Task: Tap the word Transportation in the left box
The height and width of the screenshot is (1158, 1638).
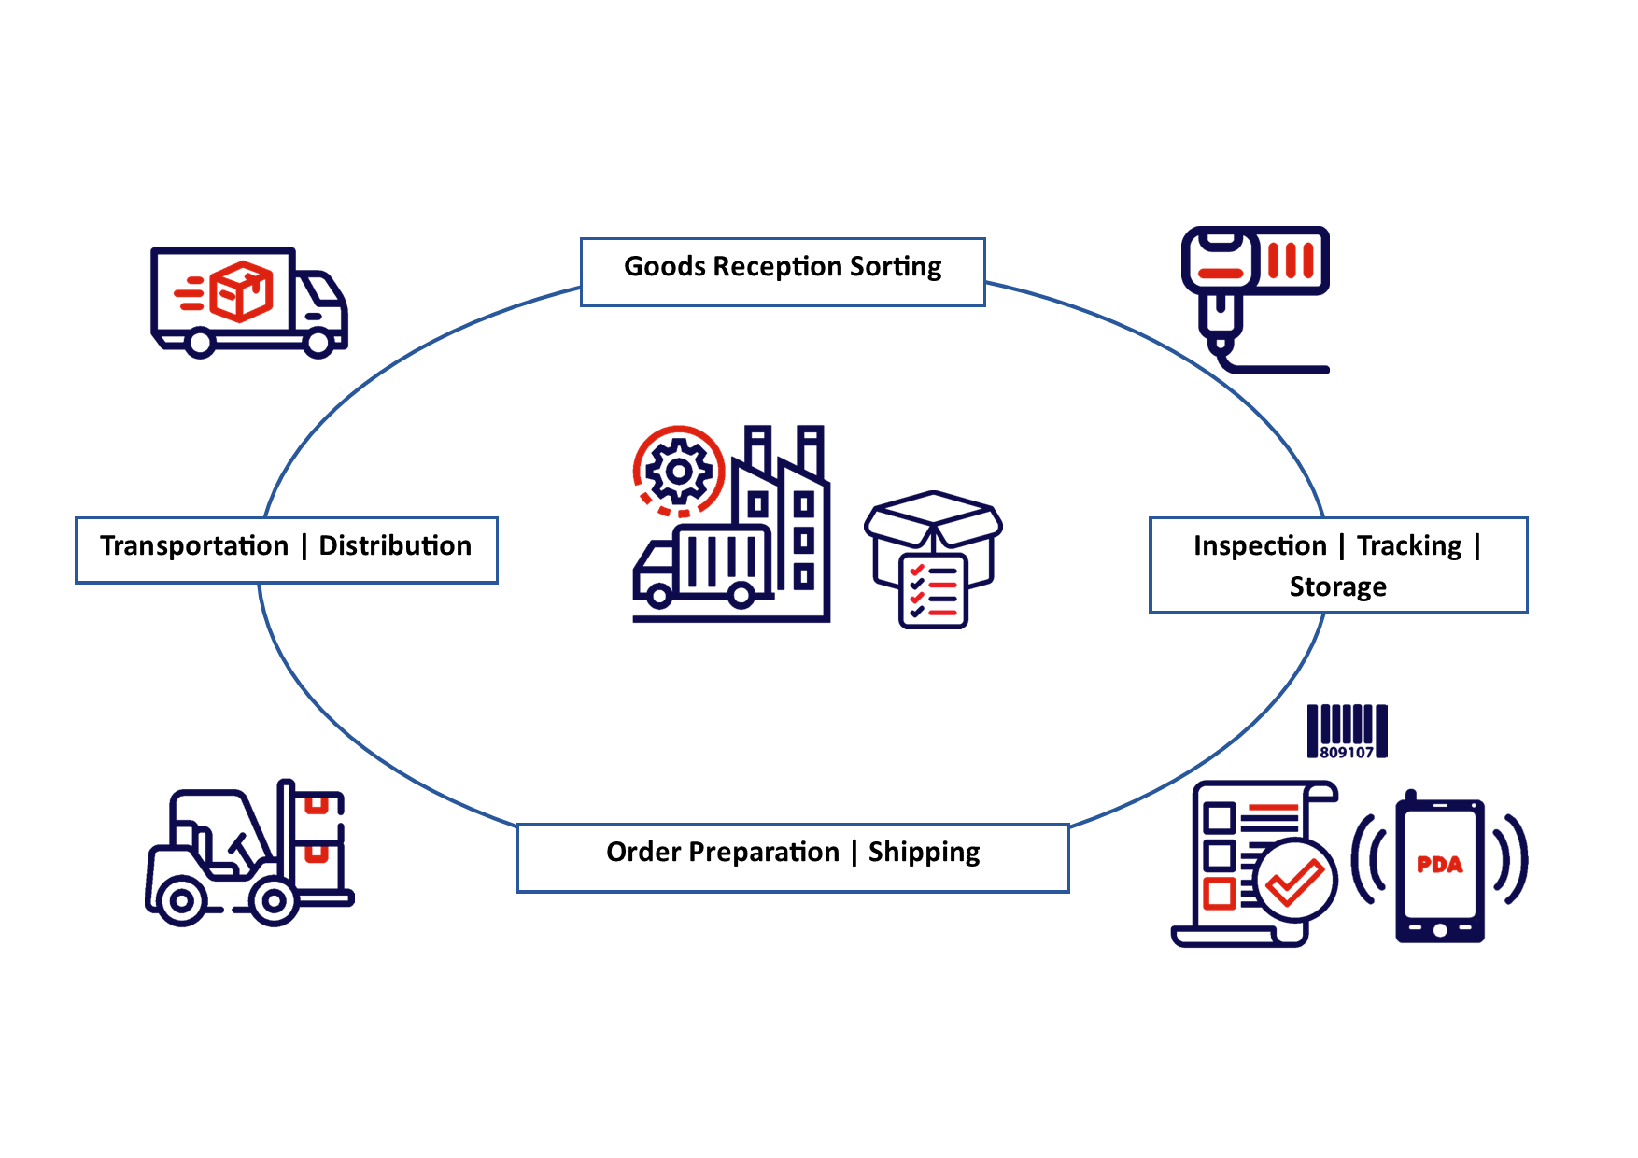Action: point(194,545)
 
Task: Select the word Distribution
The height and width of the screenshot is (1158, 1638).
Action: point(395,545)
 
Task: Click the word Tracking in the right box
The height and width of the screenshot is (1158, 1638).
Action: point(1408,545)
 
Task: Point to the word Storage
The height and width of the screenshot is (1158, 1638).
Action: point(1337,586)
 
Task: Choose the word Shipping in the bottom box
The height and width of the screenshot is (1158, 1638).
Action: point(924,852)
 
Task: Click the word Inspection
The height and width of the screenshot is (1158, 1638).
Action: point(1259,545)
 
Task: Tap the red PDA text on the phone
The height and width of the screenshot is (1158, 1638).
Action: point(1439,865)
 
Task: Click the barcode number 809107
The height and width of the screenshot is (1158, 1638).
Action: point(1347,753)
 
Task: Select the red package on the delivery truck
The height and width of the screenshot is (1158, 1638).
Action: point(241,291)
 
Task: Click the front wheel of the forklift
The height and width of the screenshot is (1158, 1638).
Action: point(274,900)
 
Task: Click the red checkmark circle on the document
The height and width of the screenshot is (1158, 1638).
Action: point(1295,881)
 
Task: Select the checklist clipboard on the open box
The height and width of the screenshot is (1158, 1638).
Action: point(933,590)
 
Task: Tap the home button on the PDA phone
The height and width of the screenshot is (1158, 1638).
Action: point(1439,930)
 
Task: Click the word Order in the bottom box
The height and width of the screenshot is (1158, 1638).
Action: point(642,852)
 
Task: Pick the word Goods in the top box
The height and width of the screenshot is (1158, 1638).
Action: point(664,267)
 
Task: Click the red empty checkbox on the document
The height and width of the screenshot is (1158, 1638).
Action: point(1219,893)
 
